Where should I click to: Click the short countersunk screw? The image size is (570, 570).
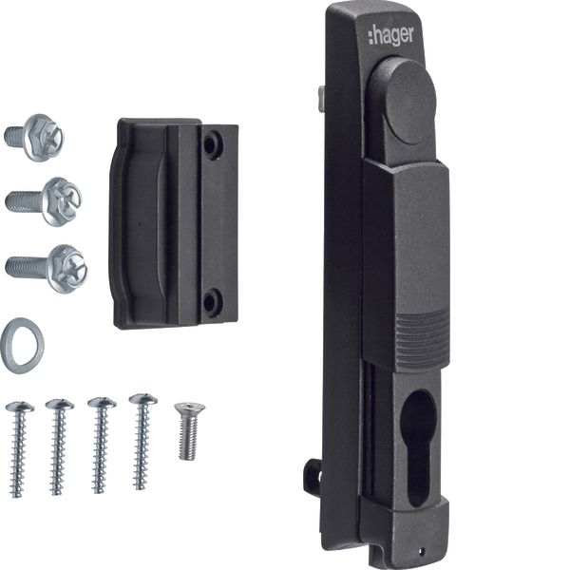(189, 429)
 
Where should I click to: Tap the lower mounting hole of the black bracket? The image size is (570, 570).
(213, 302)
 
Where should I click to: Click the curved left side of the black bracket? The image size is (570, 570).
(118, 224)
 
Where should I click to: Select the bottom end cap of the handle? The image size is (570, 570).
(403, 532)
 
